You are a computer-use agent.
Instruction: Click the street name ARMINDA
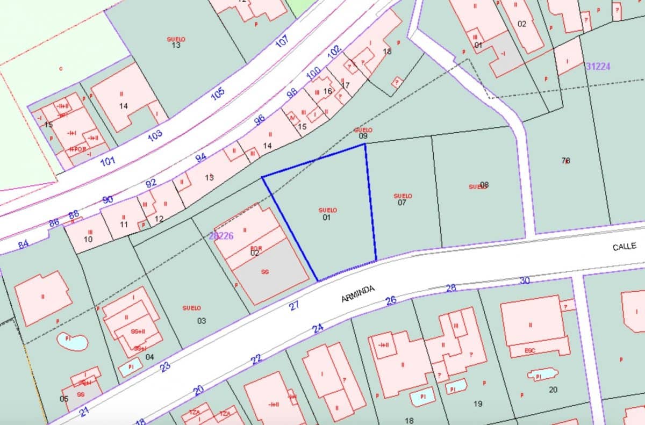pos(358,293)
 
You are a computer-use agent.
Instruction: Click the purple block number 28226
pos(220,236)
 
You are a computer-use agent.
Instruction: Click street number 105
pos(218,93)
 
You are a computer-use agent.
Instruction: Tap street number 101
pos(107,160)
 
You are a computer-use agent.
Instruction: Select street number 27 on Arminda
pos(293,306)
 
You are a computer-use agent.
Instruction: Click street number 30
pos(525,280)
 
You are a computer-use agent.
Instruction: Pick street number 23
pos(165,366)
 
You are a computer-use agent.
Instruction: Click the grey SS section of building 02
pos(265,272)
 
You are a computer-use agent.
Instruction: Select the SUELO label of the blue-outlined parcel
pos(327,210)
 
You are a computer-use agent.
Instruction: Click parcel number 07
pos(402,203)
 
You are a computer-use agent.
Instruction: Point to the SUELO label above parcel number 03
pos(191,308)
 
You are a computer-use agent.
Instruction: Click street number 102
pos(334,52)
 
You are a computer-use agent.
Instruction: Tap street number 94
pos(200,157)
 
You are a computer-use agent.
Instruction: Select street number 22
pos(256,359)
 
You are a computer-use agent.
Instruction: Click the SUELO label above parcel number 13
pos(176,39)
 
